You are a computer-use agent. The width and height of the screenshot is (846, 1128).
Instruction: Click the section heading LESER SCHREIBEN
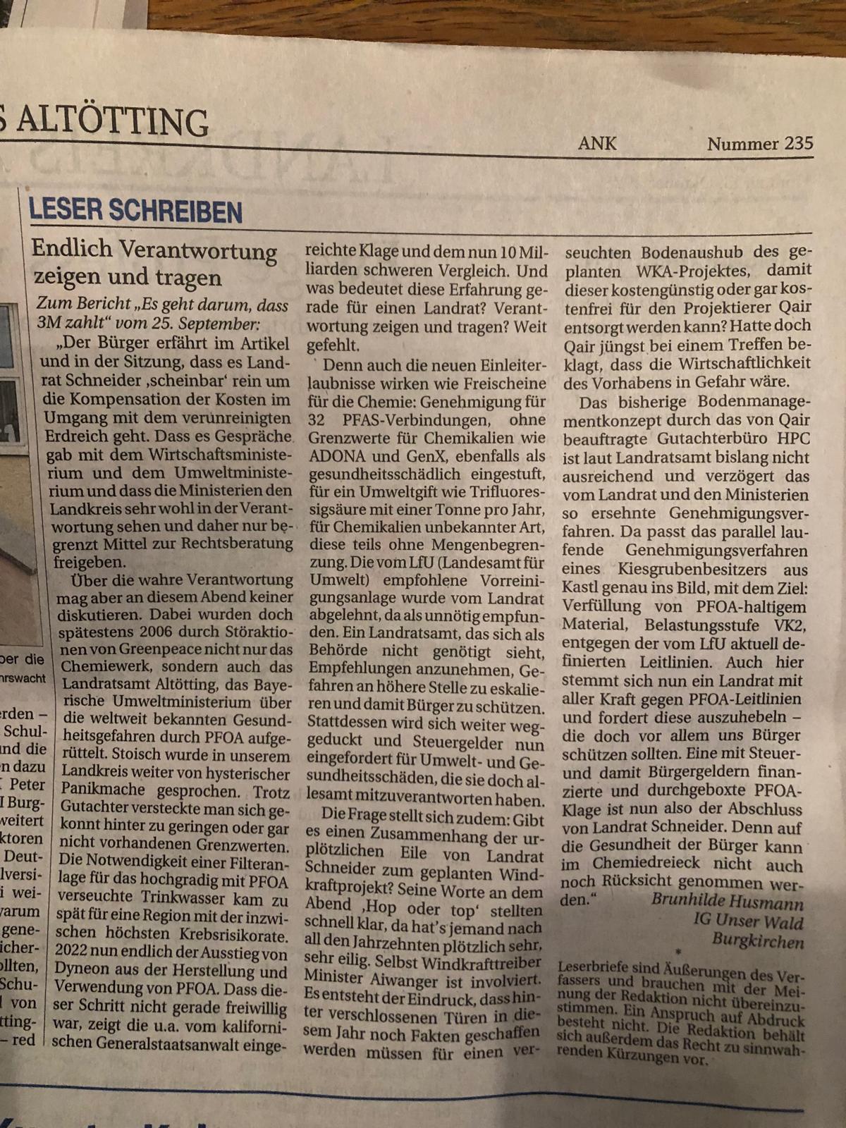135,211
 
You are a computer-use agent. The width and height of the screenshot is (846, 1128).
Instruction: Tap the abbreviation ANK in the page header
597,143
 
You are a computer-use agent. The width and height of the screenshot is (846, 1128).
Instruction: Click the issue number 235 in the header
798,143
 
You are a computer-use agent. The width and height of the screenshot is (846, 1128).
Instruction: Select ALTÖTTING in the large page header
113,121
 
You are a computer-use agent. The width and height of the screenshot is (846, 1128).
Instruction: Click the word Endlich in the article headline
73,248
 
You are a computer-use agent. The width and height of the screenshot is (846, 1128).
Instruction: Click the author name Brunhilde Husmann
727,901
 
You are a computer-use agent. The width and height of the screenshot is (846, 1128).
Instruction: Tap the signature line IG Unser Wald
747,920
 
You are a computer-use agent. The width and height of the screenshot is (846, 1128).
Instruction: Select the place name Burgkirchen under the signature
757,940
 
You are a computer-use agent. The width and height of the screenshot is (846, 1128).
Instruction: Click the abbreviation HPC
792,439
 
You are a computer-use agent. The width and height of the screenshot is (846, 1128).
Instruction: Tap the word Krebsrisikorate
228,936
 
